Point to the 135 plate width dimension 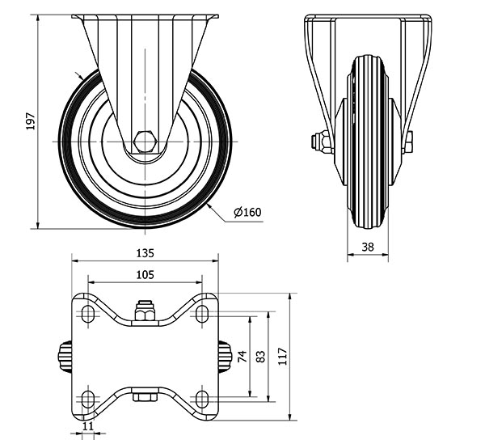pos(145,252)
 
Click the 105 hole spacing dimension pos(145,275)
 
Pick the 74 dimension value pos(242,357)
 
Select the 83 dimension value pos(261,357)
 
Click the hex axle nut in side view pos(145,142)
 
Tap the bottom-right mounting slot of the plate pos(202,397)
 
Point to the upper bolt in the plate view pos(145,312)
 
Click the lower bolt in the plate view pos(145,396)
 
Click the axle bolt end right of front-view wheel pos(408,142)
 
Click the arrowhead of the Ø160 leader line pos(209,204)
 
